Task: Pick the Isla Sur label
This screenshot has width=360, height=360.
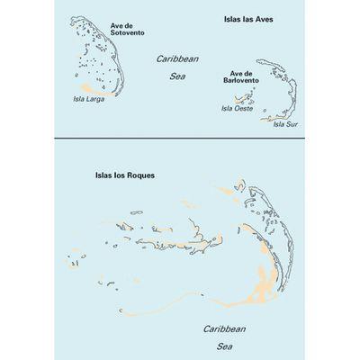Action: pyautogui.click(x=283, y=123)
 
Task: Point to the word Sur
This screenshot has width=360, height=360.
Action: pyautogui.click(x=289, y=123)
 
